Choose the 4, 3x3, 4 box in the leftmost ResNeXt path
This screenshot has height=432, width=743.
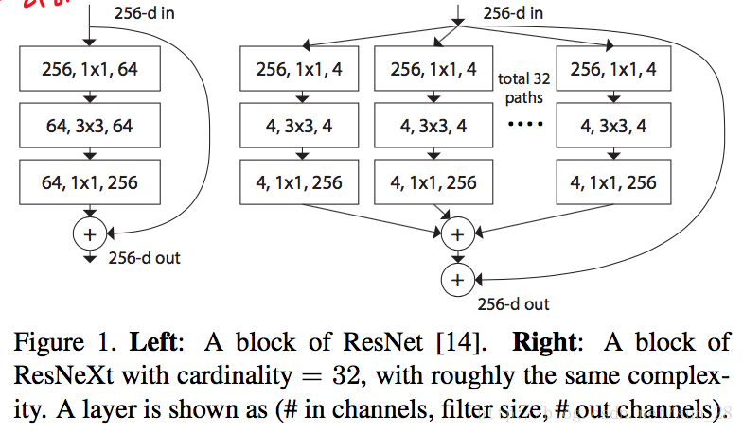tap(300, 126)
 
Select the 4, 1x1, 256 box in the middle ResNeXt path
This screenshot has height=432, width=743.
tap(433, 182)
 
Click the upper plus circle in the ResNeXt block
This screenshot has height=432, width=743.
tap(457, 233)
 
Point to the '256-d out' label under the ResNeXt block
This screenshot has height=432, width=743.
tap(513, 304)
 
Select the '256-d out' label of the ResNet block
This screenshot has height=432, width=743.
tap(145, 257)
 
